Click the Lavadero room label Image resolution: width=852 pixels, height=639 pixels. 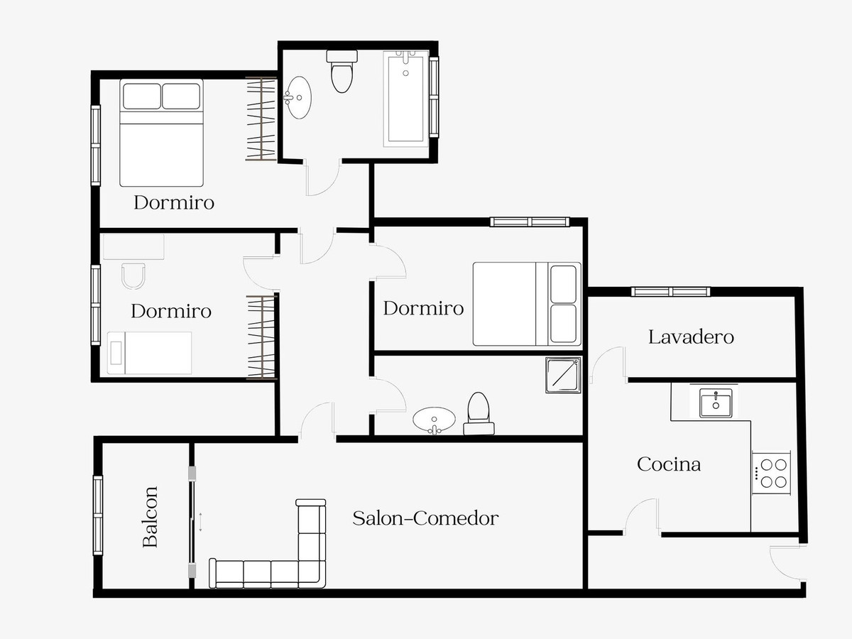[x=691, y=337]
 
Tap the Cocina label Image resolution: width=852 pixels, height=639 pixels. [x=669, y=464]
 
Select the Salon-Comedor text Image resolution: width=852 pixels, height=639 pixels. [x=425, y=518]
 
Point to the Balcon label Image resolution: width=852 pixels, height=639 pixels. [x=150, y=517]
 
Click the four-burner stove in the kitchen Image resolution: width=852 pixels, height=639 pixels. [x=771, y=473]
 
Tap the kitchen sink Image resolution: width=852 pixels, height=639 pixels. [x=716, y=403]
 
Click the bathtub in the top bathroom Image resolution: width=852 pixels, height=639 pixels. [x=406, y=99]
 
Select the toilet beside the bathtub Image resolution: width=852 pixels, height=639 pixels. [x=342, y=71]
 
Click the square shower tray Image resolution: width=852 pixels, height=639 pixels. [x=563, y=375]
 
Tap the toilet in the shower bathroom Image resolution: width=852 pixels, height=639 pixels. [x=479, y=413]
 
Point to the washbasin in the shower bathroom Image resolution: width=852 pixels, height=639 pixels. [x=434, y=420]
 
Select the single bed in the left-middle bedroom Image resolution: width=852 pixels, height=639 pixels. [x=149, y=353]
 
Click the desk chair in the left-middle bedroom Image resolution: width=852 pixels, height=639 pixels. [x=133, y=276]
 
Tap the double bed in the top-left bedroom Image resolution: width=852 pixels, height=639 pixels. [x=161, y=133]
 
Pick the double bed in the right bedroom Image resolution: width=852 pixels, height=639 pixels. [x=527, y=304]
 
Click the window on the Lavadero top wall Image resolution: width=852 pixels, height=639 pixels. [x=671, y=291]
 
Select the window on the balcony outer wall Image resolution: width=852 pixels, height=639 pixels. [x=98, y=515]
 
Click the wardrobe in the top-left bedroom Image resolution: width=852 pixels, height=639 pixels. [x=261, y=119]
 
